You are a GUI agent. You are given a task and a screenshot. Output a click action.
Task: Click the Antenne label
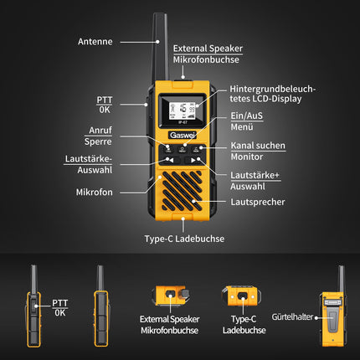(95, 42)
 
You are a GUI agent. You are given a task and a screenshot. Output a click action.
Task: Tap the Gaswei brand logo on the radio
(183, 135)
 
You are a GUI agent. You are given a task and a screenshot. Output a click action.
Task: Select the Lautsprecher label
(258, 202)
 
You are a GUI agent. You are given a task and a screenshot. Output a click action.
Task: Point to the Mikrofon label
(95, 192)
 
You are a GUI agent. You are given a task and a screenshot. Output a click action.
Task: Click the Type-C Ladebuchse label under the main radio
(184, 239)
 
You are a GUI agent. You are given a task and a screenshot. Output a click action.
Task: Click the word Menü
(242, 127)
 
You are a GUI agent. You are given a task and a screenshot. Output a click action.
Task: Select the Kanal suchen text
(258, 146)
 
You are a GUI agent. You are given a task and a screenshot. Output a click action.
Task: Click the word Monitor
(247, 157)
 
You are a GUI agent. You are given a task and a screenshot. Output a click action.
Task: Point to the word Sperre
(98, 141)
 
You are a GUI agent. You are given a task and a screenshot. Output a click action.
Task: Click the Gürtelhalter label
(292, 316)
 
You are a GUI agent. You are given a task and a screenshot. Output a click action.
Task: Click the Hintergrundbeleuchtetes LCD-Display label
(272, 94)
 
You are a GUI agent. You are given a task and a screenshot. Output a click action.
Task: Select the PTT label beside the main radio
(105, 100)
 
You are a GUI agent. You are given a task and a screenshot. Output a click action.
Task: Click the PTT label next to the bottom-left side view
(60, 303)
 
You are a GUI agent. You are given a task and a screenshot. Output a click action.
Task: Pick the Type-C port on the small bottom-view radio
(243, 296)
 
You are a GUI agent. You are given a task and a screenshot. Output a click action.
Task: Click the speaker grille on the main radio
(182, 191)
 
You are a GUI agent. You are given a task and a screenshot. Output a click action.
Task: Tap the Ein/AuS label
(247, 116)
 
